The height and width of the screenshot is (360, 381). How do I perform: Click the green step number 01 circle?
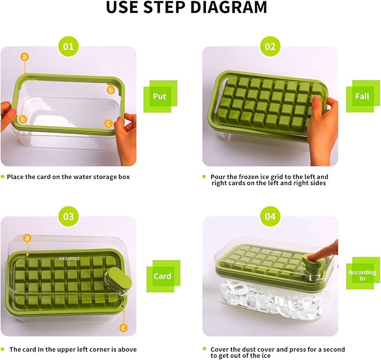[x=68, y=47]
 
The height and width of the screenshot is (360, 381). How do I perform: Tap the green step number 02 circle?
[x=270, y=47]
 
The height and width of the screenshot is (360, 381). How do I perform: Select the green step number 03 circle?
[x=68, y=216]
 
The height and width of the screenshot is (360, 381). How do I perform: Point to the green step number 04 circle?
[x=270, y=216]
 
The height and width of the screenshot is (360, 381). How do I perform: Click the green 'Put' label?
[x=160, y=96]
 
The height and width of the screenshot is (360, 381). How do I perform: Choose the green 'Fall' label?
[x=363, y=96]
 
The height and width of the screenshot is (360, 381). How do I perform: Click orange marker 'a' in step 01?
[x=25, y=57]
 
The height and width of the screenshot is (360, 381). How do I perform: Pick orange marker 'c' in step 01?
[x=108, y=123]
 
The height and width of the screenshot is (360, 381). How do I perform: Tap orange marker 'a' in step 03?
[x=27, y=238]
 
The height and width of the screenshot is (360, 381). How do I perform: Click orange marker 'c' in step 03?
[x=123, y=328]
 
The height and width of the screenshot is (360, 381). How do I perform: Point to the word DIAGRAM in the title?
[x=228, y=7]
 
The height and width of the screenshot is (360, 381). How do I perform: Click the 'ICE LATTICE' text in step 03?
[x=69, y=259]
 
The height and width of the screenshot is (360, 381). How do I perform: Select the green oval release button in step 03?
[x=119, y=279]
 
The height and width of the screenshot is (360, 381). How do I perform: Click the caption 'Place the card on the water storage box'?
[x=68, y=177]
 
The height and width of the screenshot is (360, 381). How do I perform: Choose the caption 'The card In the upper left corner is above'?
[x=73, y=349]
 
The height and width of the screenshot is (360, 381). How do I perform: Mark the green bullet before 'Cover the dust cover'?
[x=204, y=349]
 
